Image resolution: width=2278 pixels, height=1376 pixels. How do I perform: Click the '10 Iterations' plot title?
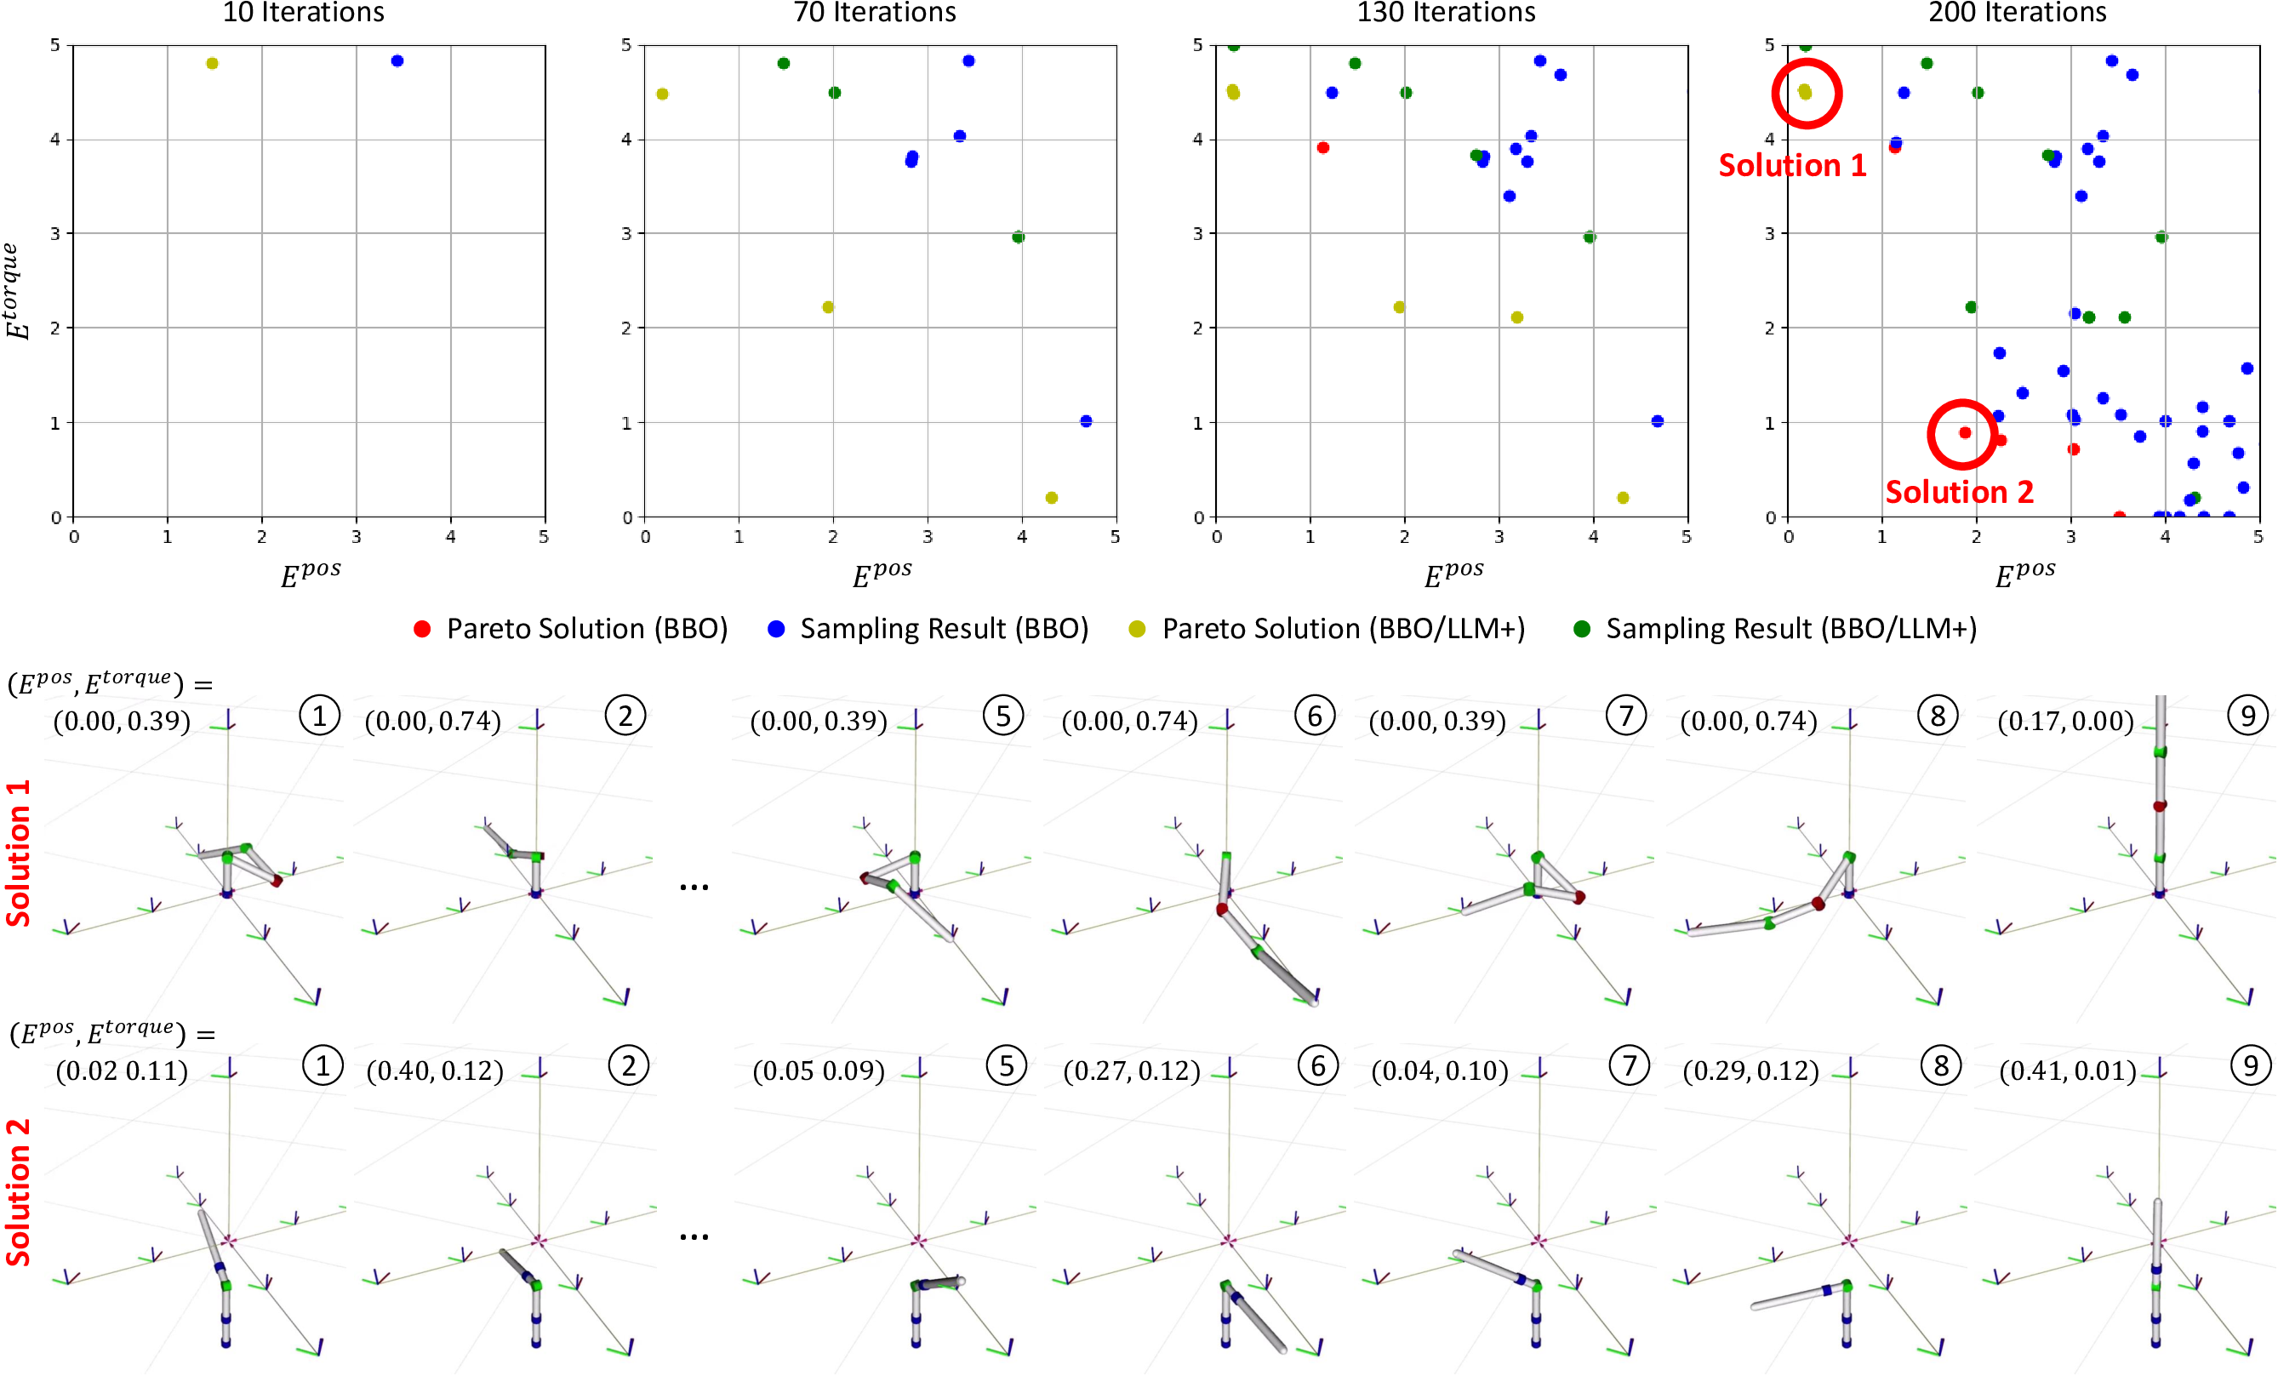(303, 13)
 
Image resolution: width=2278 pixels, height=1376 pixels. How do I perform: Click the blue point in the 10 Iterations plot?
(397, 61)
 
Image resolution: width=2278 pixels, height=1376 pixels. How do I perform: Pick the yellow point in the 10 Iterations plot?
(212, 64)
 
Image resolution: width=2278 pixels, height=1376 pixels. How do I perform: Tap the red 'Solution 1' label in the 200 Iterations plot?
(1792, 166)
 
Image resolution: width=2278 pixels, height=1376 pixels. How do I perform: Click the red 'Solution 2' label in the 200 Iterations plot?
(1959, 492)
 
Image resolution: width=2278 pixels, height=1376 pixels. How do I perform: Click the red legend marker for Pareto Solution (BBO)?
(421, 629)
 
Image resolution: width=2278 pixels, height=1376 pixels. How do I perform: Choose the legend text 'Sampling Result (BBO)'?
(943, 629)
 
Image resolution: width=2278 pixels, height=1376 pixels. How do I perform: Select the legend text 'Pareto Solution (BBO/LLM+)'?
(1343, 629)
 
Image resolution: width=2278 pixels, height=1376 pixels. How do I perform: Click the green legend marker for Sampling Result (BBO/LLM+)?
(1582, 629)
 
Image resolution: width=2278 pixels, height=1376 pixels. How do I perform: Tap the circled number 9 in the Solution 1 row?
(2247, 716)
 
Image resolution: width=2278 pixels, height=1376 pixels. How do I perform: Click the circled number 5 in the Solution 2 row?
(1006, 1066)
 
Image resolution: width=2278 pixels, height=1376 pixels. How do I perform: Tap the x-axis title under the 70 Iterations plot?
(881, 574)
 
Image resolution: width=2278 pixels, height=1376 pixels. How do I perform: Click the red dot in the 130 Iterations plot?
(1323, 148)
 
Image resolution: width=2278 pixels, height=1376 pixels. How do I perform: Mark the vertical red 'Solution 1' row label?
(19, 853)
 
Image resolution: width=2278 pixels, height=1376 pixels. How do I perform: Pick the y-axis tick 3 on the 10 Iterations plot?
(55, 234)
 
